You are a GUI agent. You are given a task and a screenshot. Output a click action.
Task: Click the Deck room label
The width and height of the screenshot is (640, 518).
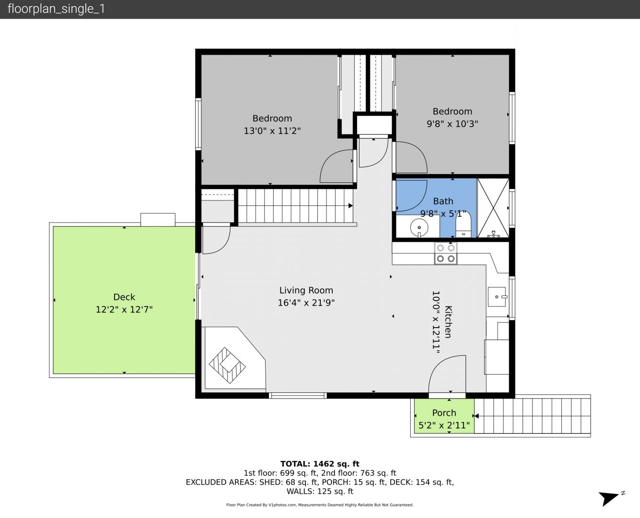(x=124, y=297)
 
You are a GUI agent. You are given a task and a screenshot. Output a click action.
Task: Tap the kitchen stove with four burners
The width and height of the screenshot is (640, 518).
(x=445, y=253)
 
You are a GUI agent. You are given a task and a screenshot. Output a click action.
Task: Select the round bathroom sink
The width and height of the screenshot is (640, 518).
(x=419, y=227)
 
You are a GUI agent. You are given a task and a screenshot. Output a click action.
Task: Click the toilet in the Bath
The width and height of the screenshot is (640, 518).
(x=463, y=224)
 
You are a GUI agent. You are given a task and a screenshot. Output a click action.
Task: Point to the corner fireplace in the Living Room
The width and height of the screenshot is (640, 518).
(x=227, y=365)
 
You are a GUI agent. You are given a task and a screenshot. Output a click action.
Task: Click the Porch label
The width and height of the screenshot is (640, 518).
(x=444, y=413)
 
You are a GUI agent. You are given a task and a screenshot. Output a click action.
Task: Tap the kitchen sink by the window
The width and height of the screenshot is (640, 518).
(x=497, y=297)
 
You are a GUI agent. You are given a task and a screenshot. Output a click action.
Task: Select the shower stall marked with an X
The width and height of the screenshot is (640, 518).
(x=493, y=208)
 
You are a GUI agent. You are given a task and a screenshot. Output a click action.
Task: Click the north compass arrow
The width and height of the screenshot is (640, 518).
(x=609, y=499)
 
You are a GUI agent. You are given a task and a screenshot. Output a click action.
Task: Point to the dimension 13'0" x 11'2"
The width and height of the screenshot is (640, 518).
(x=272, y=131)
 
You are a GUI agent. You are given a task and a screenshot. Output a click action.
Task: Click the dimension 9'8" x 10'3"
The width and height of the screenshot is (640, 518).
(x=452, y=124)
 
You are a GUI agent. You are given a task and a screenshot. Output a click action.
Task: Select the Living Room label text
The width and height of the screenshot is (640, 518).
(x=306, y=291)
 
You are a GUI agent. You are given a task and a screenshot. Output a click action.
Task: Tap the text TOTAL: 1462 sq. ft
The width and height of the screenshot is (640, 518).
(x=320, y=464)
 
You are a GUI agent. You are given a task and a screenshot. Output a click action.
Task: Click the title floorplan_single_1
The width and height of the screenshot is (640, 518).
(x=56, y=9)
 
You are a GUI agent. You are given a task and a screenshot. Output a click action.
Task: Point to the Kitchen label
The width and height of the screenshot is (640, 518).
(x=448, y=322)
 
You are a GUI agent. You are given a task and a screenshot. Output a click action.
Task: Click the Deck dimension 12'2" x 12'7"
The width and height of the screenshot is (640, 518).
(x=124, y=309)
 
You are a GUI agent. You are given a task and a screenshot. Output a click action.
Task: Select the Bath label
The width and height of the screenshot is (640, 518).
(x=443, y=201)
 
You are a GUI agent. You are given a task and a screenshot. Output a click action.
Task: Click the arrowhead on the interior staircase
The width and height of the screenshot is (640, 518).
(x=350, y=206)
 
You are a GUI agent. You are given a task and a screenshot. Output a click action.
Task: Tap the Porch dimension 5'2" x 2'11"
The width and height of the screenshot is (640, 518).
(x=444, y=425)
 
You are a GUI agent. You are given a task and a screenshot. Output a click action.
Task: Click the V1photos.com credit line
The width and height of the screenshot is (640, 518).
(x=320, y=505)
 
